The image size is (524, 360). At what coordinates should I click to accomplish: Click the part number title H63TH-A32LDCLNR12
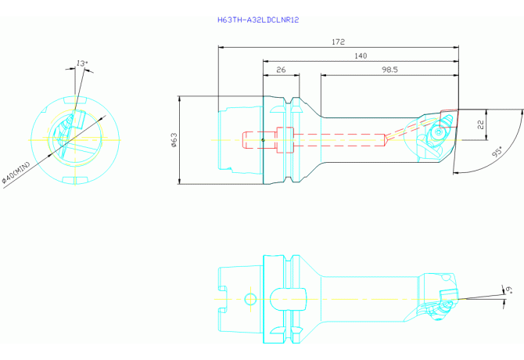coord(258,20)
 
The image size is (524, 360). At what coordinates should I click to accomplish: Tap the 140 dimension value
coord(361,56)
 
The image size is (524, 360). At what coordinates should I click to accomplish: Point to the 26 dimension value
coord(281,70)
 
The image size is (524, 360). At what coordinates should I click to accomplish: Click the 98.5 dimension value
coord(389,70)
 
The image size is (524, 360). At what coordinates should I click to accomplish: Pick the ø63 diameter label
coord(174,140)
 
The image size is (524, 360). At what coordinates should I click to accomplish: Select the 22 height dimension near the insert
coord(480,124)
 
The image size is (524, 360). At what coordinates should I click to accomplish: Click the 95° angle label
coord(497,152)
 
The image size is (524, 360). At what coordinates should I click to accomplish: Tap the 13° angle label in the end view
coord(82,63)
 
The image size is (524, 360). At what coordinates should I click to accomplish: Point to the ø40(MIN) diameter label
coord(16,173)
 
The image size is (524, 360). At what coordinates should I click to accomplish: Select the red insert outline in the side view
coord(448,119)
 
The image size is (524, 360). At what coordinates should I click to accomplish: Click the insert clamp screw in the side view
coord(437,133)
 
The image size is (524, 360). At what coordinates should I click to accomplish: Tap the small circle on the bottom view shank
coord(250,299)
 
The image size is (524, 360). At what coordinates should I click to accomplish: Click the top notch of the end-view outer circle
coord(75,99)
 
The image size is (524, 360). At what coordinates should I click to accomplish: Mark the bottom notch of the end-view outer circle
coord(75,180)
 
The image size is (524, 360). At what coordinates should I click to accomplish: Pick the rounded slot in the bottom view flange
coord(288,299)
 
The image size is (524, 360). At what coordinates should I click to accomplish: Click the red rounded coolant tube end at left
coord(247,140)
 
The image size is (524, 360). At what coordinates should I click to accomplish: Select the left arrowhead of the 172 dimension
coord(221,48)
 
